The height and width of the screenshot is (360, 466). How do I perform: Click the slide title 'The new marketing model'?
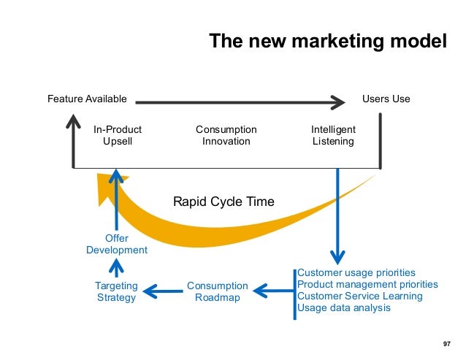(328, 41)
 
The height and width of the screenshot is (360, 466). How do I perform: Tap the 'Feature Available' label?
(87, 99)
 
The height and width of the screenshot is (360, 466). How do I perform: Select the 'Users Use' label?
(386, 99)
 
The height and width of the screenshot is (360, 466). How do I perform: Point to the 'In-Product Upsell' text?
(118, 135)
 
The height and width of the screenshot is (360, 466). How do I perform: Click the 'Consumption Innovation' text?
(226, 135)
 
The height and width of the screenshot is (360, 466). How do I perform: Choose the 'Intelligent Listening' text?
(333, 135)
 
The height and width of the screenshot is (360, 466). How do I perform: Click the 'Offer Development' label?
(117, 244)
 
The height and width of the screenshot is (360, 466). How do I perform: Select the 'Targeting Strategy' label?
(116, 291)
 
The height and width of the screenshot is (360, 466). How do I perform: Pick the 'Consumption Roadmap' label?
(218, 291)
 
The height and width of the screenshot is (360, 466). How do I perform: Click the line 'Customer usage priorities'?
(356, 272)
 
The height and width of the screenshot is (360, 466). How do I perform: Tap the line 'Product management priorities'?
(368, 284)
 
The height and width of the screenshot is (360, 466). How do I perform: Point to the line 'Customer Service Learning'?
(360, 296)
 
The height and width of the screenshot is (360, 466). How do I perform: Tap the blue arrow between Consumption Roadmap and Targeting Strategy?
(161, 292)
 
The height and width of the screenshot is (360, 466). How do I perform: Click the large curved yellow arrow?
(219, 220)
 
